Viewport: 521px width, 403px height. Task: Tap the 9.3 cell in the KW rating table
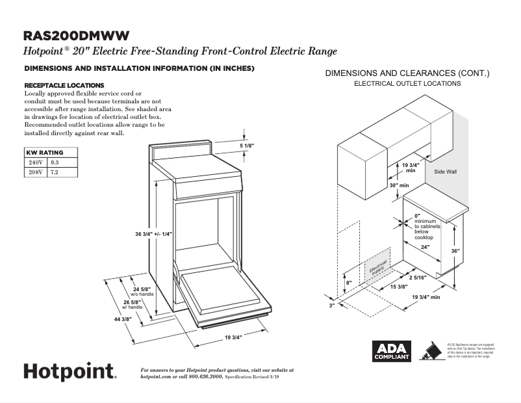click(x=55, y=162)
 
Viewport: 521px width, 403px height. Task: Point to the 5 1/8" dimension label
click(x=247, y=146)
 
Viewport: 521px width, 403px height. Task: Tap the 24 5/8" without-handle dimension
click(x=142, y=289)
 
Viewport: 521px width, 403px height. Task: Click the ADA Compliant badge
click(x=391, y=352)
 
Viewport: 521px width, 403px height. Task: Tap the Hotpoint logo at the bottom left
click(x=70, y=371)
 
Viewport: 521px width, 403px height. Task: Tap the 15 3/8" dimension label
click(x=398, y=287)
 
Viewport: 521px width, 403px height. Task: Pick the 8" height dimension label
click(x=349, y=282)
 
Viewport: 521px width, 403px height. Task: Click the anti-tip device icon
click(x=428, y=351)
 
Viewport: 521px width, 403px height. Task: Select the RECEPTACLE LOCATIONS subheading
click(x=64, y=85)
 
